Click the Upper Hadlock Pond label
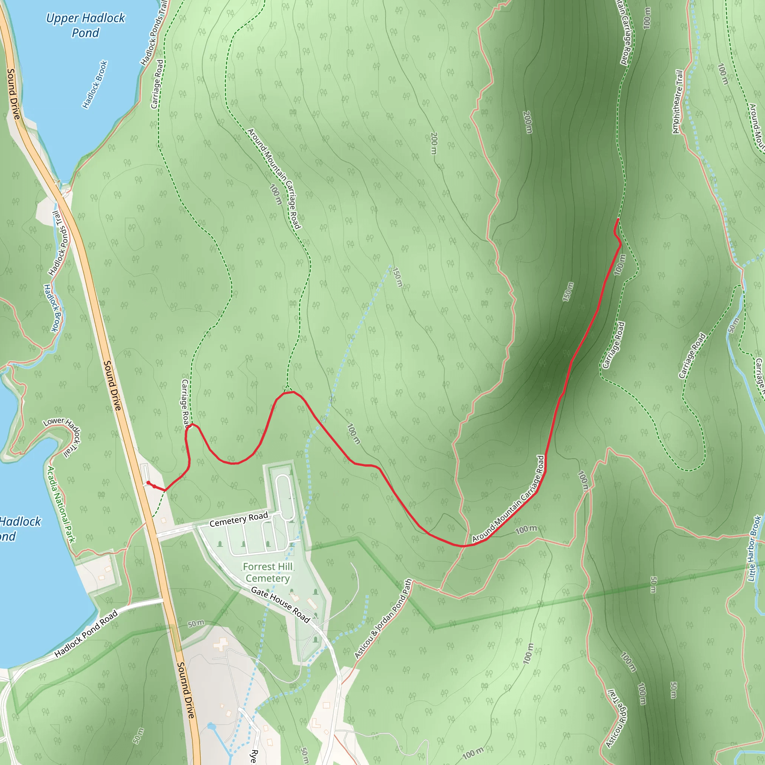click(x=86, y=25)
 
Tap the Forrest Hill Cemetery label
click(x=267, y=573)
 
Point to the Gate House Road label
click(x=281, y=605)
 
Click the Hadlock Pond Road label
click(x=86, y=634)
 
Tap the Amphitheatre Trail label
click(x=678, y=102)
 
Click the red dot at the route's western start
click(x=148, y=483)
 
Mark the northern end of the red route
click(x=618, y=219)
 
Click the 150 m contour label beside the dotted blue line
click(x=397, y=277)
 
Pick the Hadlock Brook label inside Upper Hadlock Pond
click(x=95, y=84)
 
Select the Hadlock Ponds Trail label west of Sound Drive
click(x=58, y=243)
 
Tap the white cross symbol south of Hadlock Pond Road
click(x=220, y=644)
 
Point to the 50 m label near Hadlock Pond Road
click(x=196, y=624)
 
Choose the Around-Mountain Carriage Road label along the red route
click(x=508, y=499)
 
